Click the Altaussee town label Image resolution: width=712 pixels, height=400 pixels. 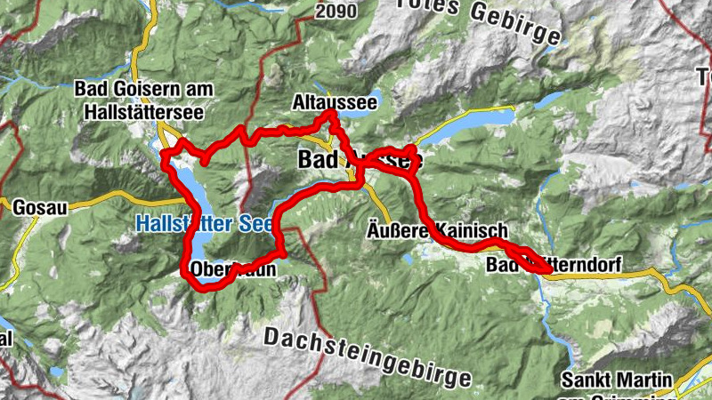click(x=335, y=103)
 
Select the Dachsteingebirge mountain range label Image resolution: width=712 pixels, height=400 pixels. click(x=368, y=355)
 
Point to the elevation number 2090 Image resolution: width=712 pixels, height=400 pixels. click(x=336, y=11)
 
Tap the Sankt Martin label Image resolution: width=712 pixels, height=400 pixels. click(x=612, y=380)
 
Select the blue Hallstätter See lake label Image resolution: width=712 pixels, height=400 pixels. click(x=200, y=225)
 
